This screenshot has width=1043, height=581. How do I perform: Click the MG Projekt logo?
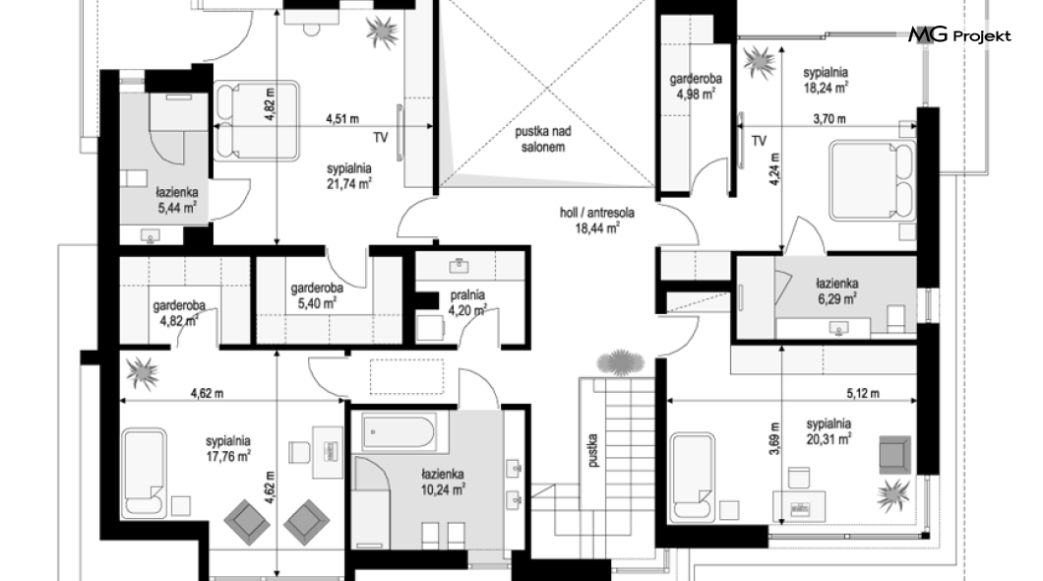959,34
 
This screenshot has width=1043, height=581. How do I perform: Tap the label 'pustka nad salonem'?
543,139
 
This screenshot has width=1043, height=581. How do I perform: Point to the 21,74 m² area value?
348,184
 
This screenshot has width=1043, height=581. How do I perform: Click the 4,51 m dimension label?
341,119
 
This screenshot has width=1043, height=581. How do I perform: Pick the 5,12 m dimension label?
863,393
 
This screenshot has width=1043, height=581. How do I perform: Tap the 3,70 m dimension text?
829,119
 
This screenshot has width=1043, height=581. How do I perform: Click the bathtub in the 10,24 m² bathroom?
399,431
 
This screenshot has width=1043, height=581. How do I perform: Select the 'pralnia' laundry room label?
467,294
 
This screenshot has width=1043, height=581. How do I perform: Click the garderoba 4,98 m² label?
695,87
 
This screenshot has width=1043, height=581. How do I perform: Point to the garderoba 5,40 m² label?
317,296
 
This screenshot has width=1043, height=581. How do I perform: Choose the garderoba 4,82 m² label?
179,314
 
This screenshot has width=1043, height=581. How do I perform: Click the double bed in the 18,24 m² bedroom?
873,179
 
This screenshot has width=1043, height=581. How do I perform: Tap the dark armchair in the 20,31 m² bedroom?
894,455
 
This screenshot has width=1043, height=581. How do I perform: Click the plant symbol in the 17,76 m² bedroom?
143,372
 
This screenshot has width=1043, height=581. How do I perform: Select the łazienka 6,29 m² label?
836,291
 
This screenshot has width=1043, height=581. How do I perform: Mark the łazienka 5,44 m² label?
177,200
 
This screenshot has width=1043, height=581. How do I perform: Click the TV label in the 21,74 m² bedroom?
380,138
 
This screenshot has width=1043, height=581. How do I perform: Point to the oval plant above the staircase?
621,362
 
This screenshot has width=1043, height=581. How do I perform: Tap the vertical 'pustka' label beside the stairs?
592,451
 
